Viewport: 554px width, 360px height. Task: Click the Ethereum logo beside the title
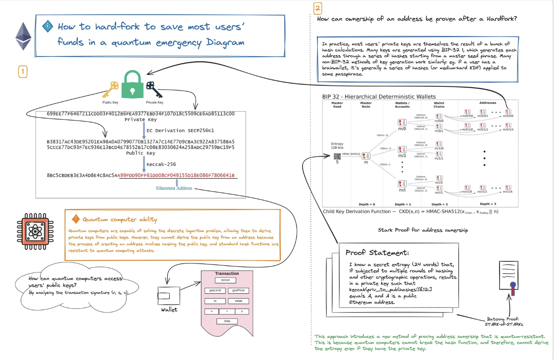point(23,36)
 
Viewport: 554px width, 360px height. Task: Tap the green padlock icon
point(132,85)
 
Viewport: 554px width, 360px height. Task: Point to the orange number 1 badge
point(23,72)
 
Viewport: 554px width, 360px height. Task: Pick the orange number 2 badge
point(318,8)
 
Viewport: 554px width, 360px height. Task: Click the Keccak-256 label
point(161,164)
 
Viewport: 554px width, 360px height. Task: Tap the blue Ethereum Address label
point(174,188)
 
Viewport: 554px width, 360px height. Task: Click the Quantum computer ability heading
point(119,220)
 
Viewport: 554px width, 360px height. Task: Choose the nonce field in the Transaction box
point(225,280)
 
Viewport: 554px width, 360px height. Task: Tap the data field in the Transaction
point(227,321)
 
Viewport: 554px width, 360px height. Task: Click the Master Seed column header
point(337,105)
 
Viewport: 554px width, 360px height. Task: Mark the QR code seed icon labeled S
point(337,156)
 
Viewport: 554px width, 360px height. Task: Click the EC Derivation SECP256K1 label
point(171,131)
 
